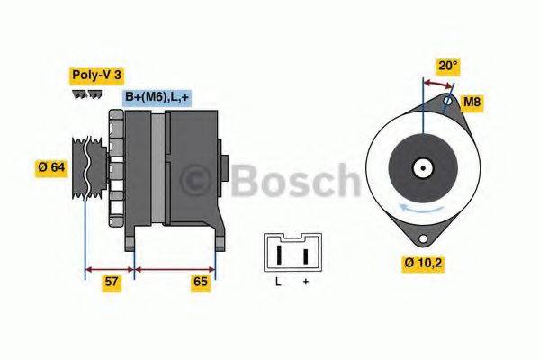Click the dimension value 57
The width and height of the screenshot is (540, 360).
(111, 282)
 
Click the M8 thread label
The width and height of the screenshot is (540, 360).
(472, 103)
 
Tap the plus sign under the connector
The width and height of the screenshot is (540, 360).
(306, 282)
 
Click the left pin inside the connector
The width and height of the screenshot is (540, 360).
(280, 255)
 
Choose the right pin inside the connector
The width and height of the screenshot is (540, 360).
(306, 255)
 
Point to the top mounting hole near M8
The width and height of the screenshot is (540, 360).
(446, 103)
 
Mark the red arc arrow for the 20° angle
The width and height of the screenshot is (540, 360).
(438, 82)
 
